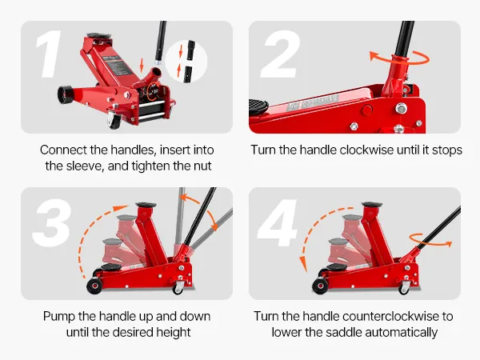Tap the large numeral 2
280,54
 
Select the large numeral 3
51,222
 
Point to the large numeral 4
278,222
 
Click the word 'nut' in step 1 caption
202,166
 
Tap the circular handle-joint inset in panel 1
186,62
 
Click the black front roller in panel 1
65,94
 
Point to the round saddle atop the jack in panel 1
98,36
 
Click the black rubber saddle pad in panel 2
258,106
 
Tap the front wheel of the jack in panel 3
94,286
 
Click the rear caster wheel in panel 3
178,287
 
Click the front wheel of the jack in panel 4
321,286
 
